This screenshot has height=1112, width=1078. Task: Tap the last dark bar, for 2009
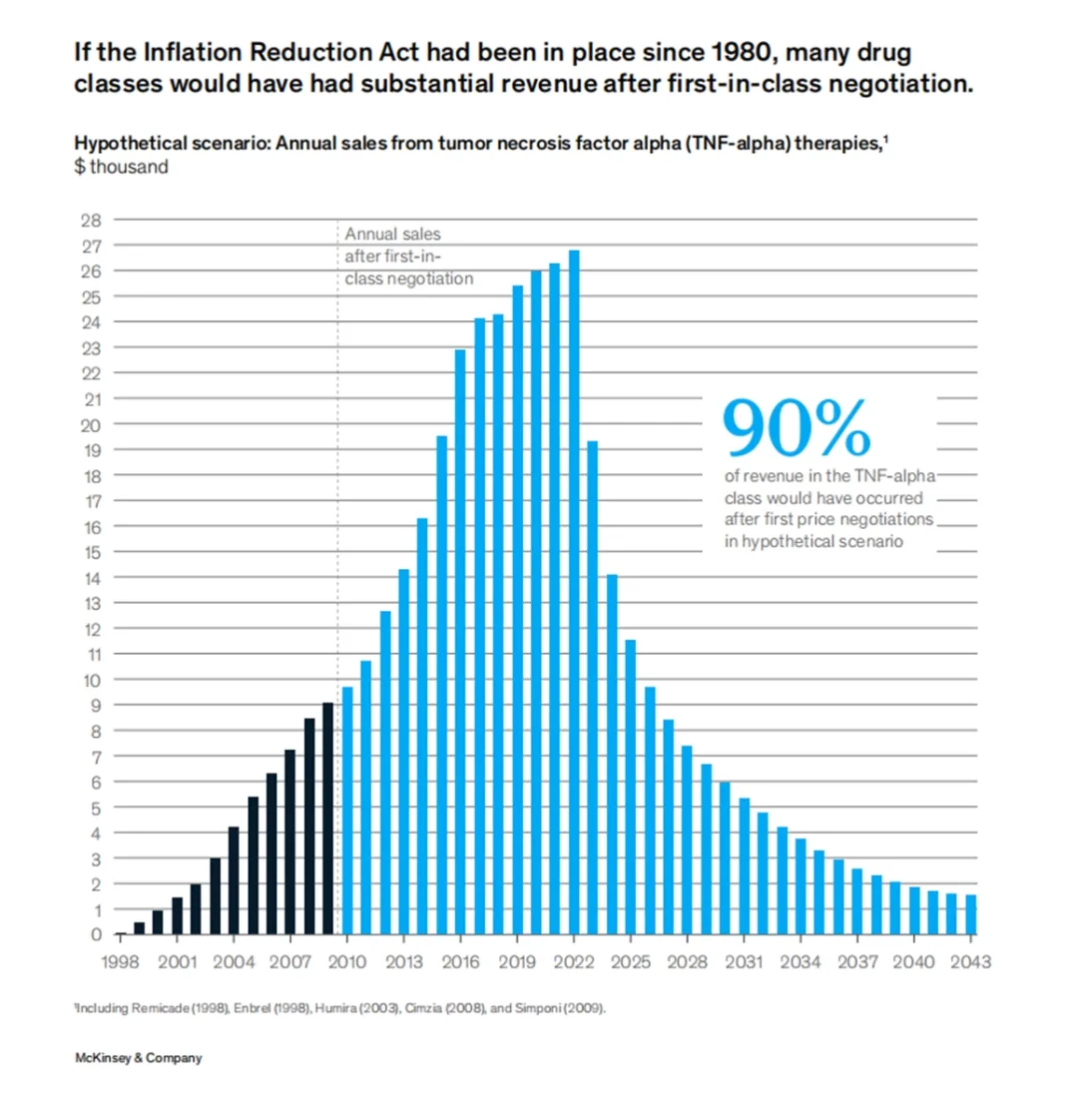[327, 819]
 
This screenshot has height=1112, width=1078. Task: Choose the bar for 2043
[970, 914]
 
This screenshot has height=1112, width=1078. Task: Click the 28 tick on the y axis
[92, 220]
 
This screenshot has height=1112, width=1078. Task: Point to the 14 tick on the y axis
[92, 577]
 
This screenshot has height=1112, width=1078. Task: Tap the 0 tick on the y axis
[96, 935]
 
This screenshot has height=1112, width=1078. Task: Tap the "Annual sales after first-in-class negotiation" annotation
[408, 257]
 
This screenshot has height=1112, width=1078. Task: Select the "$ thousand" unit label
[121, 167]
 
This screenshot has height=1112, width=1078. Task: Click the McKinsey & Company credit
[139, 1058]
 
